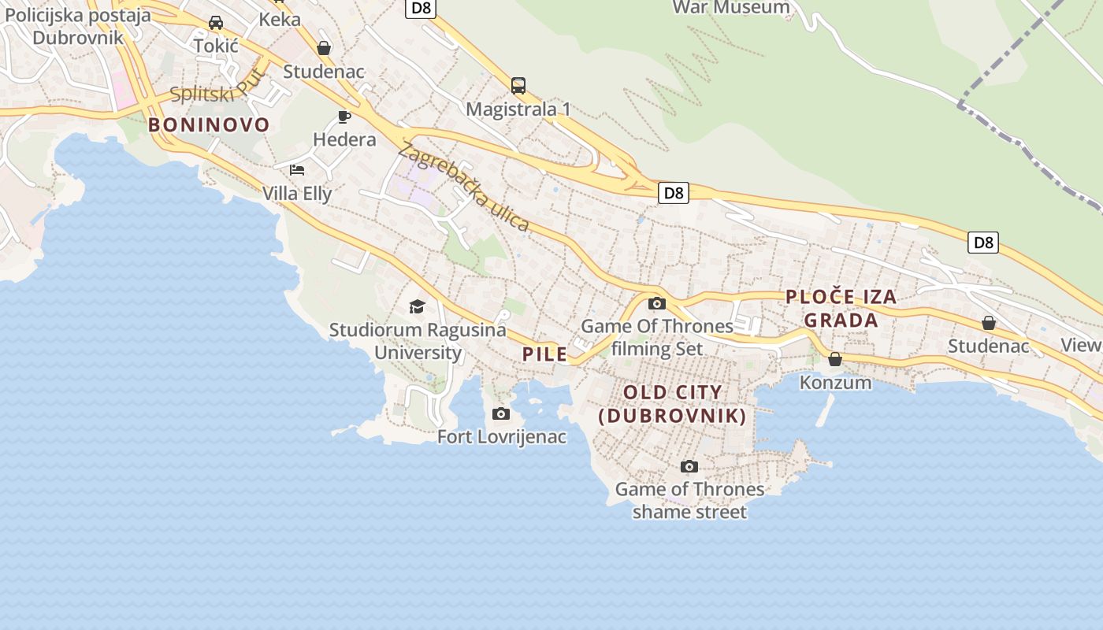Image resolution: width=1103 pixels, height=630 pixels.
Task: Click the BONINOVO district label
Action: point(209,124)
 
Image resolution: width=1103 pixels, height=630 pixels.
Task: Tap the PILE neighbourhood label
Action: point(545,354)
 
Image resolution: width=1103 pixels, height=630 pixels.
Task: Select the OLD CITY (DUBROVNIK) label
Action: point(672,404)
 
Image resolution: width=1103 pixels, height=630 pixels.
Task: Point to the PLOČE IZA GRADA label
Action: point(841,308)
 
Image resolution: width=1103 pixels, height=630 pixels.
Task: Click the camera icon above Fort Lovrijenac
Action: point(500,414)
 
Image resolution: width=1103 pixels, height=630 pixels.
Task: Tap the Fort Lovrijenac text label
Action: point(502,436)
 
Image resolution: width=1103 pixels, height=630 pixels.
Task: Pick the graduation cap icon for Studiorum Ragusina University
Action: point(417,306)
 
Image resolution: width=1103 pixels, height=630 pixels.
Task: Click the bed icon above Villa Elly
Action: point(297,169)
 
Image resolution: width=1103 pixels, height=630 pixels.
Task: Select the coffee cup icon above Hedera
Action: point(344,117)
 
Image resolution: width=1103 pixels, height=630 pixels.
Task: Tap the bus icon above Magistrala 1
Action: point(518,85)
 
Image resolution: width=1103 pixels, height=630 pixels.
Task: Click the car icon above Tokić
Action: point(216,23)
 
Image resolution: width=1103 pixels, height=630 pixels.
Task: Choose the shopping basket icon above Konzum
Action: point(835,359)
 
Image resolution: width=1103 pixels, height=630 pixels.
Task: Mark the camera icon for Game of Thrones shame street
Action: point(689,466)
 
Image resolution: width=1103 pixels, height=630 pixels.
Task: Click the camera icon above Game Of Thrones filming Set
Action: point(656,303)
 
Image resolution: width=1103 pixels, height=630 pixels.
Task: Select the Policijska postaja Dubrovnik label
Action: point(78,26)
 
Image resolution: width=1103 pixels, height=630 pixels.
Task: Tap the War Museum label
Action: point(731,8)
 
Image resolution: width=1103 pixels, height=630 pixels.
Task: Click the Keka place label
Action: point(280,19)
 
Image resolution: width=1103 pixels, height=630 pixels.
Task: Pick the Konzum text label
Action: point(835,383)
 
